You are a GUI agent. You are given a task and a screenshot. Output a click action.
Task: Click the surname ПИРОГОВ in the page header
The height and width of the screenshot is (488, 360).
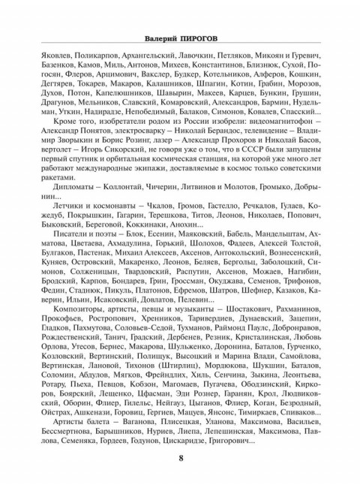(x=205, y=37)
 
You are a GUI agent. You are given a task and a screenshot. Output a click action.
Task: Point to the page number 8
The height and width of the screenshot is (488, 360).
(x=181, y=459)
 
